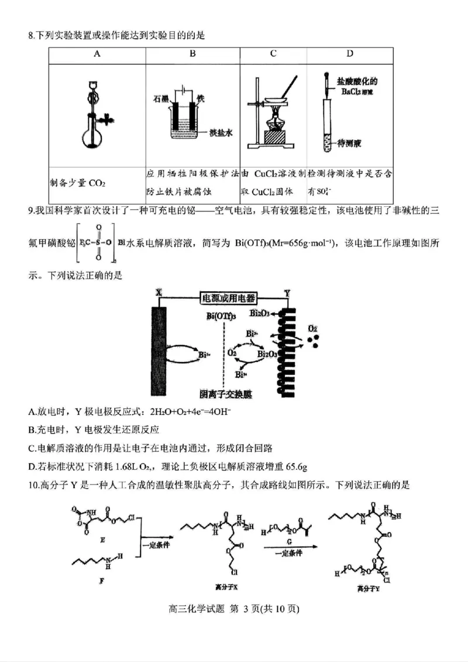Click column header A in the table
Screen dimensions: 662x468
[x=97, y=54]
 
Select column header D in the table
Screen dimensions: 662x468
[x=349, y=54]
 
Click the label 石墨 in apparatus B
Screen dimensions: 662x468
[x=161, y=98]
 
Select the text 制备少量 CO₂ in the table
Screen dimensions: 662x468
[x=78, y=183]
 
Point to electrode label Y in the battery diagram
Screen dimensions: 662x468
[x=287, y=292]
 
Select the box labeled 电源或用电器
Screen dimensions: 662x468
[x=224, y=297]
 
